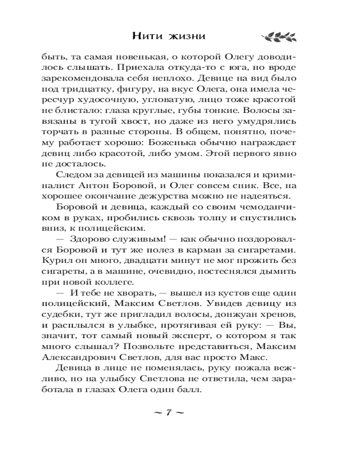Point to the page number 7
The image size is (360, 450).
click(x=166, y=413)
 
